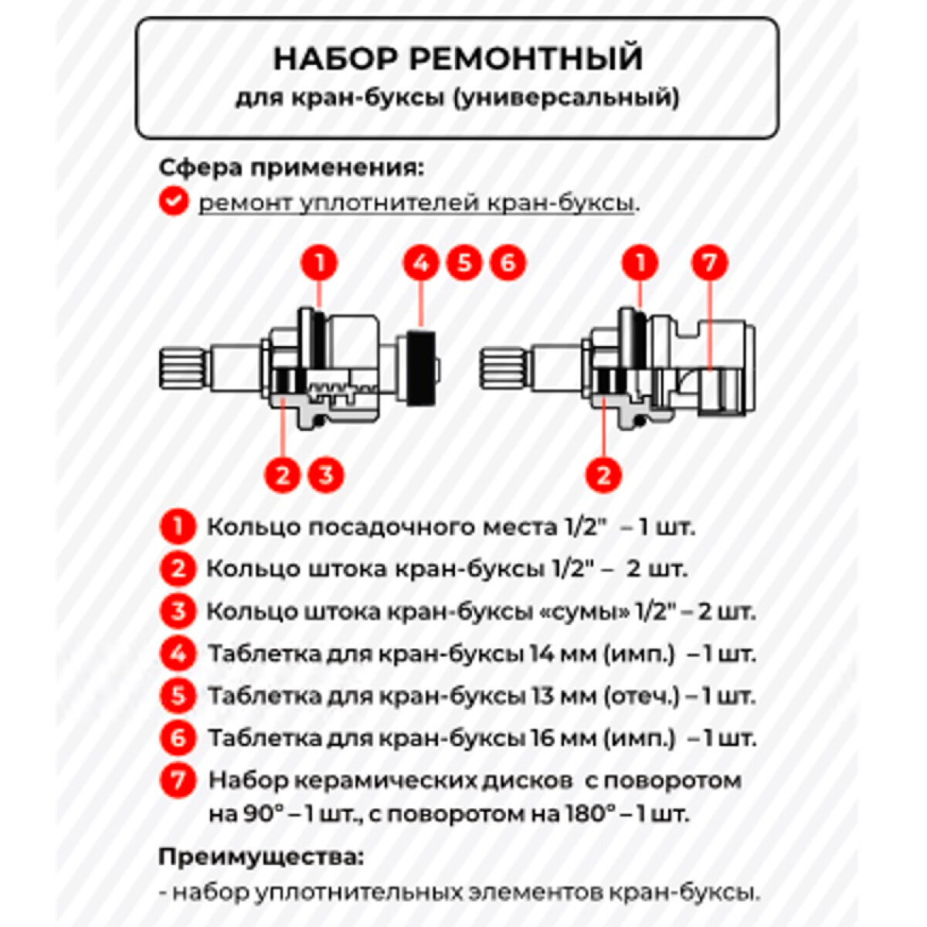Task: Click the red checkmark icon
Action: [173, 202]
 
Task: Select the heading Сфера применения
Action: [291, 167]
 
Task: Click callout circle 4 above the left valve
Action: [421, 263]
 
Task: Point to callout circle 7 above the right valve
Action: [709, 263]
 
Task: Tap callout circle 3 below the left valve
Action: [326, 474]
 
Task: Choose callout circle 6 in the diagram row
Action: [508, 263]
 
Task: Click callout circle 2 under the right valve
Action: [603, 474]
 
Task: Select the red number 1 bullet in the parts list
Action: [178, 528]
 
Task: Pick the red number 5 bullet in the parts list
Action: [178, 696]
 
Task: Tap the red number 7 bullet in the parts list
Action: [178, 779]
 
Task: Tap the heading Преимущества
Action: [260, 857]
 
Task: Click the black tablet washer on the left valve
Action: [421, 367]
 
